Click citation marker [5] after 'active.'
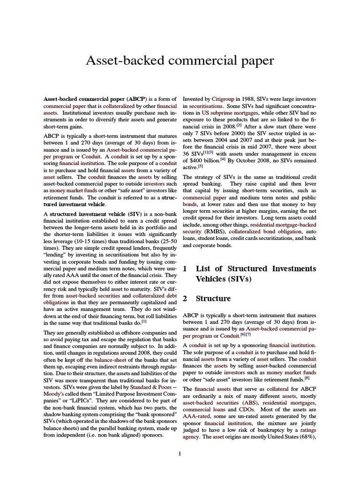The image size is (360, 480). (201, 166)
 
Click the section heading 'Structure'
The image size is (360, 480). (213, 299)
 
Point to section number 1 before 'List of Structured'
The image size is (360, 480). (185, 269)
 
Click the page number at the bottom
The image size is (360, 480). (180, 453)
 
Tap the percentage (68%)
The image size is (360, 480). (307, 437)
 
